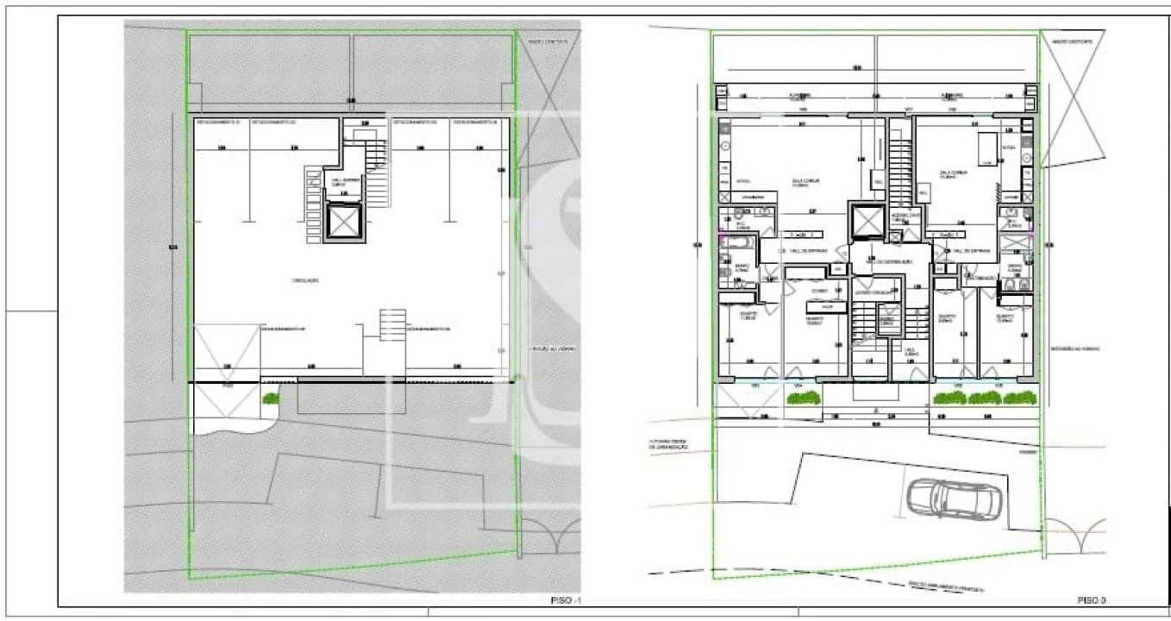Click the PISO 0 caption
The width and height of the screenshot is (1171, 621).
pyautogui.click(x=1091, y=599)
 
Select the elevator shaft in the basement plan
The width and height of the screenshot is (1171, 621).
pyautogui.click(x=343, y=223)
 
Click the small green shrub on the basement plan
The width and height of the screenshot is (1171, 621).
pyautogui.click(x=270, y=398)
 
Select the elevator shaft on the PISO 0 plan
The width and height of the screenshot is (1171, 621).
pyautogui.click(x=867, y=221)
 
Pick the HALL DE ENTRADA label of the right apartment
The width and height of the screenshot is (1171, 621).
pyautogui.click(x=974, y=251)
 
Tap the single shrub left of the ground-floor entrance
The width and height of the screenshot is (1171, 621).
pyautogui.click(x=804, y=398)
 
